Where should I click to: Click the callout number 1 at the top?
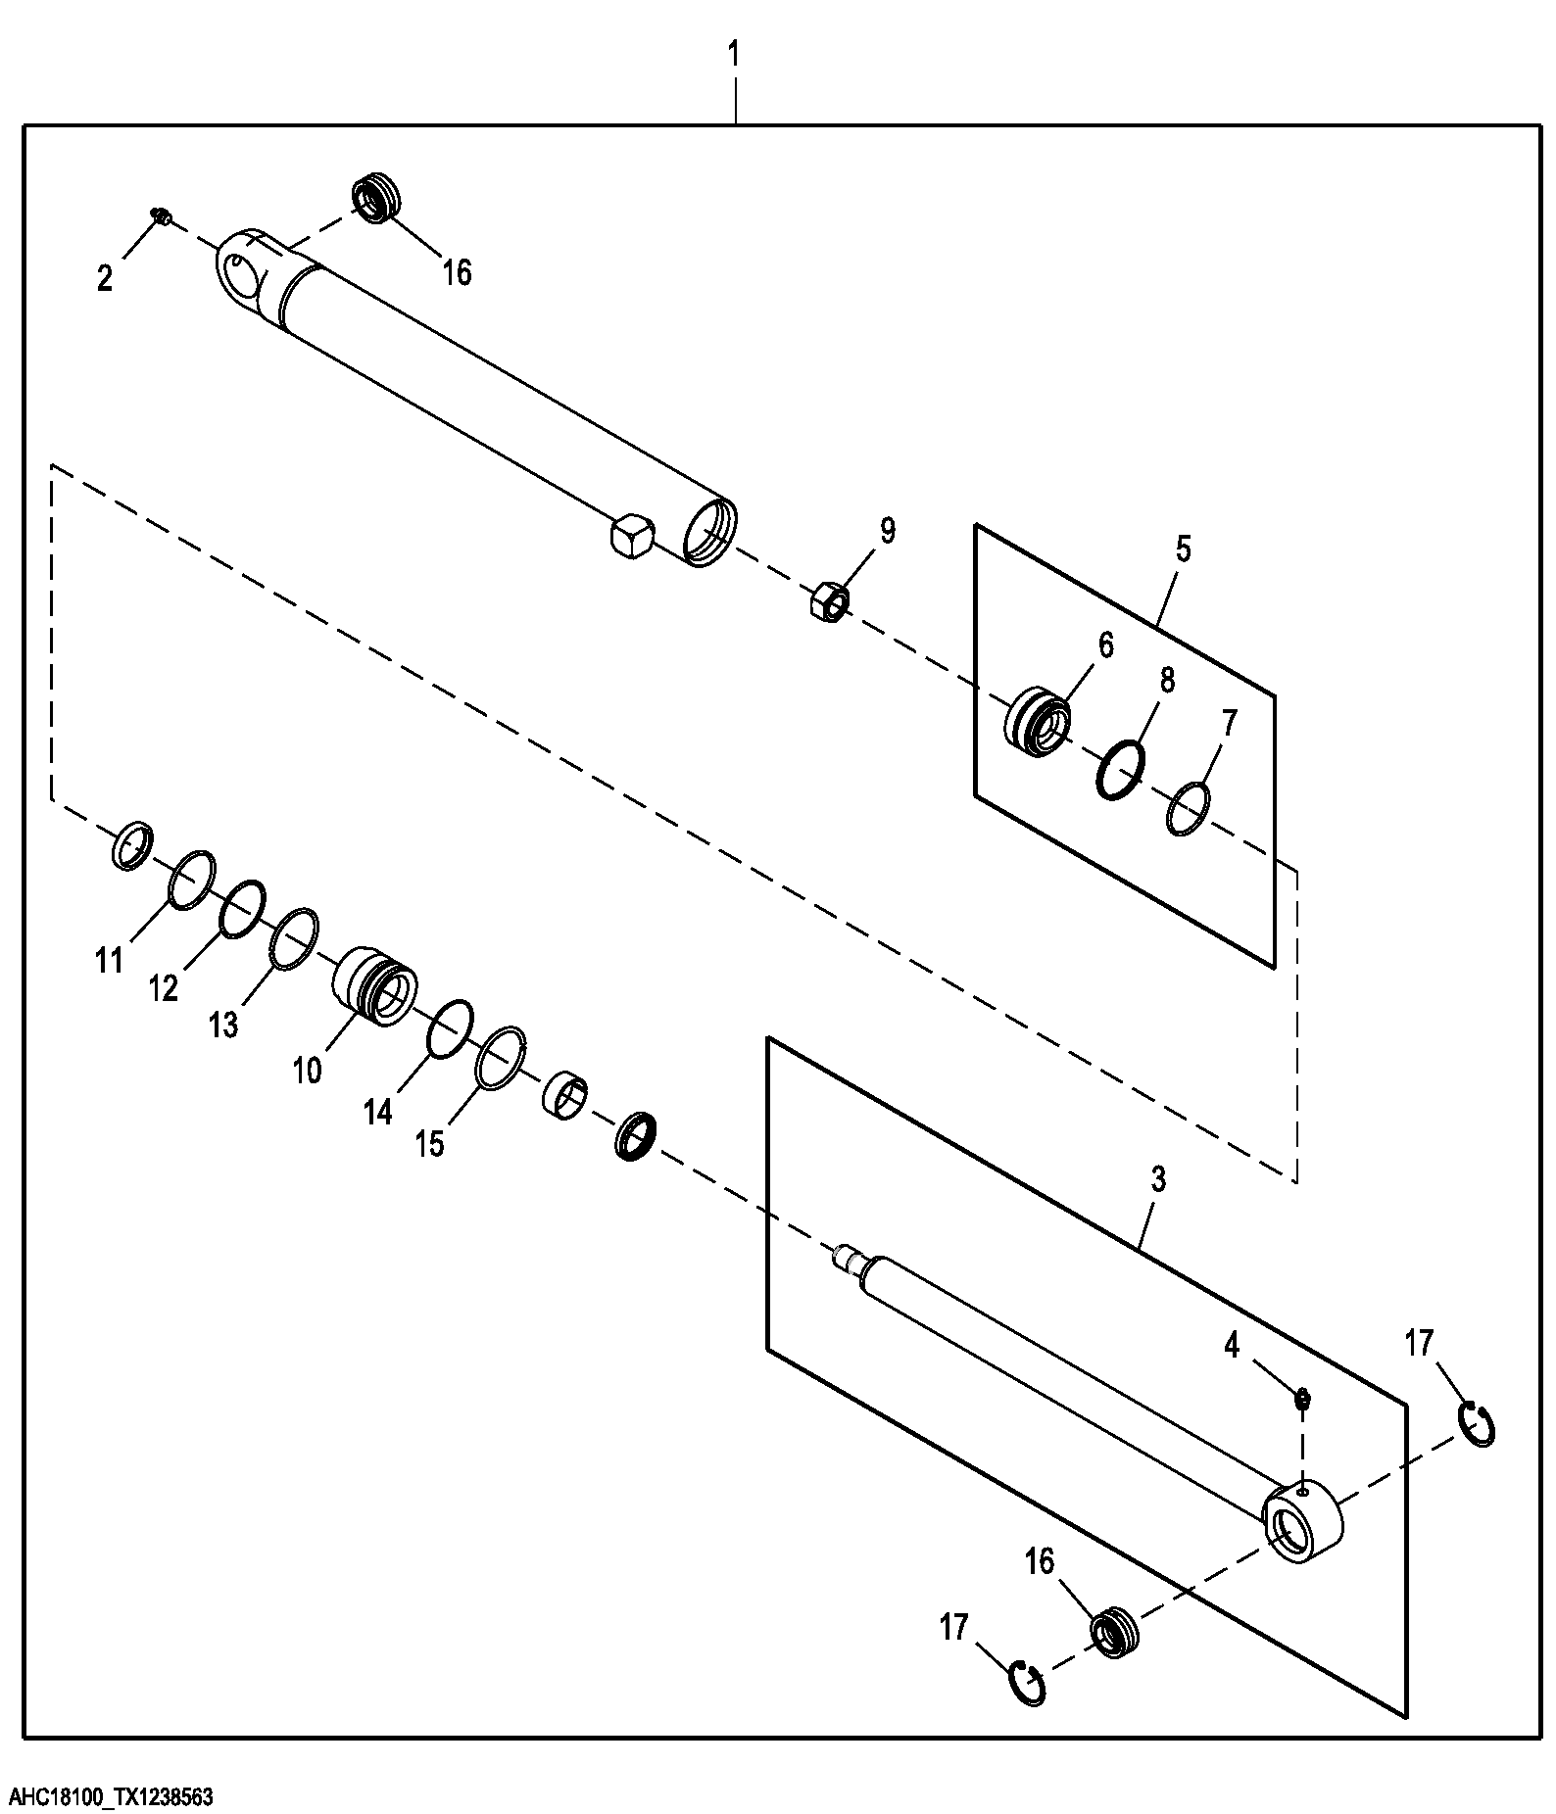pos(734,55)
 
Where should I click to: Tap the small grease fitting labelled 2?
pos(160,216)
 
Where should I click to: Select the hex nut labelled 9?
pos(829,599)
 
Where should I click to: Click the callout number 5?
pos(1183,549)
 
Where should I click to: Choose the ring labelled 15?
pos(502,1059)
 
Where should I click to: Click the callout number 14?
pos(378,1112)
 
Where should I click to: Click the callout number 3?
pos(1157,1180)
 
